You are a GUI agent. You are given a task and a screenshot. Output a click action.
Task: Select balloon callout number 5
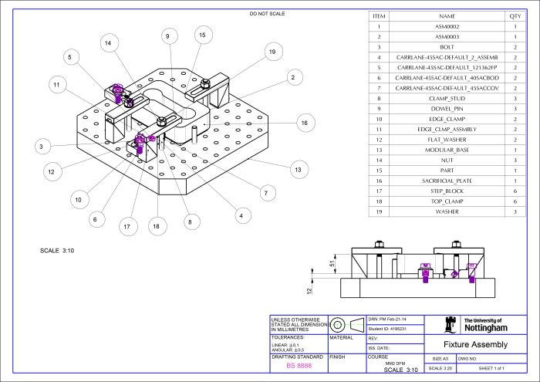coord(69,57)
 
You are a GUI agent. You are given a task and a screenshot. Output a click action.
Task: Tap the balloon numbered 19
coord(272,52)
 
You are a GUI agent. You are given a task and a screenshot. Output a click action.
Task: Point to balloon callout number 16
coord(305,123)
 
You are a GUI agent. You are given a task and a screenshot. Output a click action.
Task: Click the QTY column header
coord(515,15)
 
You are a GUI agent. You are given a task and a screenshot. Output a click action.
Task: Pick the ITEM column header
coord(379,15)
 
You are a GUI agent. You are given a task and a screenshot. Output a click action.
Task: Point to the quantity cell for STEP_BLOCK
coord(515,190)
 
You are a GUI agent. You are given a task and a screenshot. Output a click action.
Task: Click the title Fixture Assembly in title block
coord(477,344)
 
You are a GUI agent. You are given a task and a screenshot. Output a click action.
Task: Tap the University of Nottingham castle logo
coord(452,325)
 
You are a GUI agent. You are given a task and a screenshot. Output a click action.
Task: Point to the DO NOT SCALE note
coord(268,14)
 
